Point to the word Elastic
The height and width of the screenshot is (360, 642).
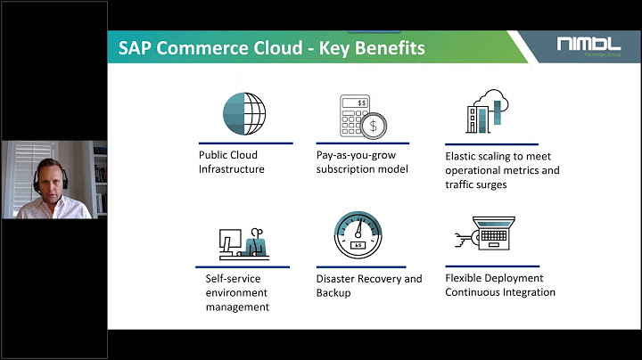pos(462,154)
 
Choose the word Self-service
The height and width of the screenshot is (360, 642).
pos(226,279)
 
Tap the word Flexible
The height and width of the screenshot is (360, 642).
pos(465,278)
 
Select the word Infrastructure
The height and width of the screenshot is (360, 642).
pos(231,168)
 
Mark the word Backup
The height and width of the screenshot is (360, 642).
pos(333,293)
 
